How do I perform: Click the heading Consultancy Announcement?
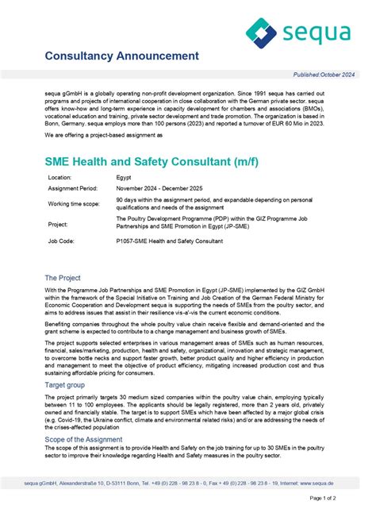[x=121, y=56]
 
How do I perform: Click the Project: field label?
[x=59, y=224]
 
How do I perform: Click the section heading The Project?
[x=63, y=278]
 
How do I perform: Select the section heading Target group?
[x=68, y=384]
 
